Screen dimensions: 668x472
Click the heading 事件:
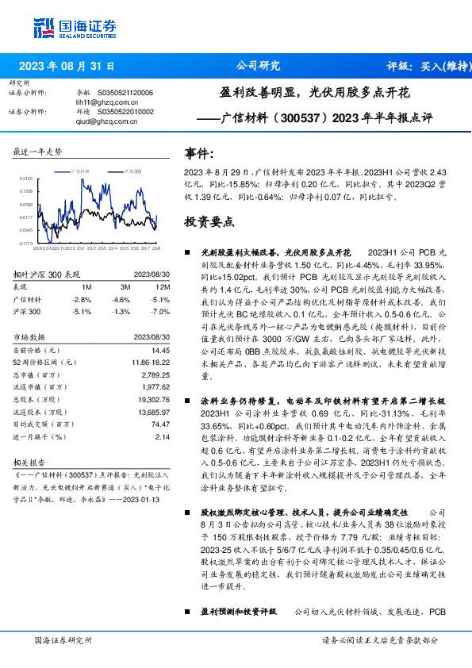pyautogui.click(x=199, y=152)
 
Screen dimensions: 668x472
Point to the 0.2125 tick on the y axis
pyautogui.click(x=25, y=179)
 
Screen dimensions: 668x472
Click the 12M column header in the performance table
pyautogui.click(x=163, y=286)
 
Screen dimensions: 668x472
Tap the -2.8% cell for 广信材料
pyautogui.click(x=82, y=299)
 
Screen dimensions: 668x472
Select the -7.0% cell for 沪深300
pyautogui.click(x=160, y=312)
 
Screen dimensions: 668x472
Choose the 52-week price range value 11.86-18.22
pyautogui.click(x=149, y=361)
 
